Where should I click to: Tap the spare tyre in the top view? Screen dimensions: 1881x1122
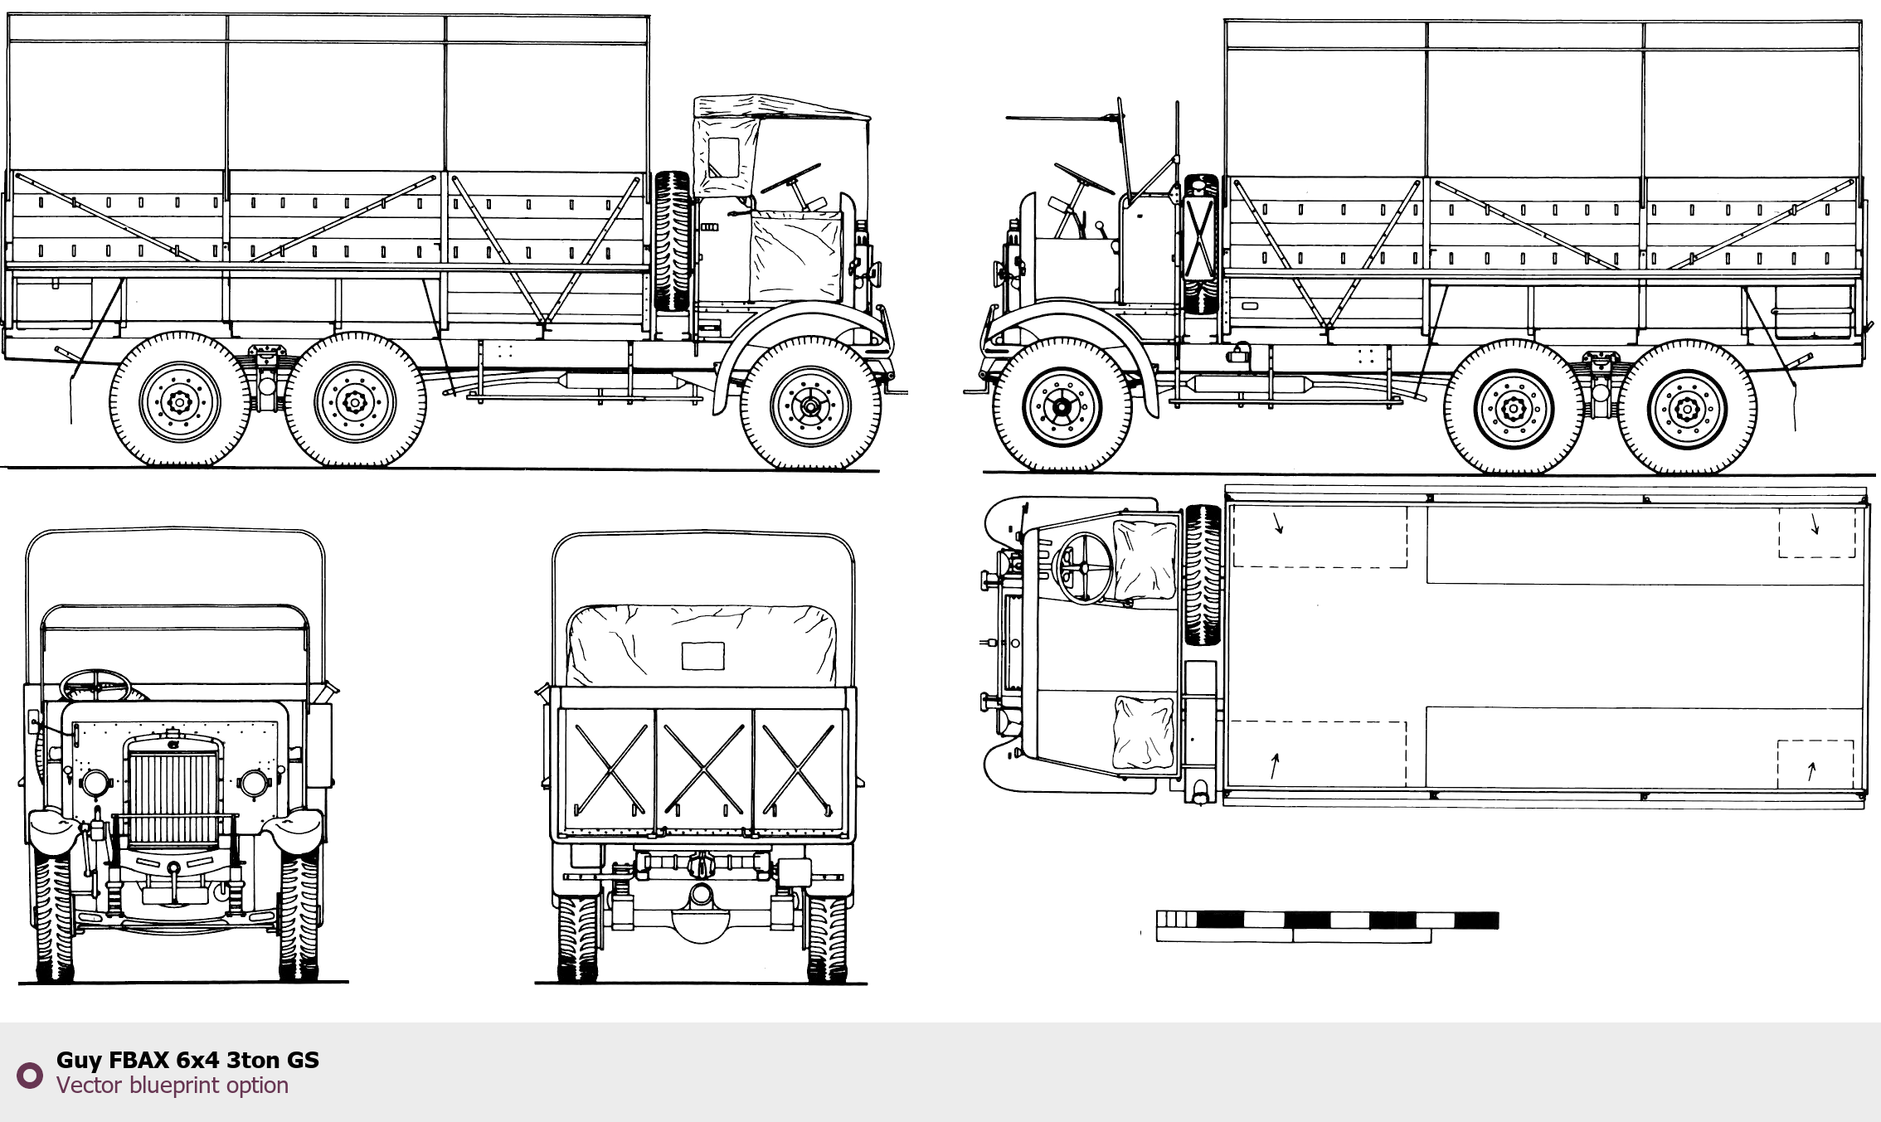click(x=1203, y=575)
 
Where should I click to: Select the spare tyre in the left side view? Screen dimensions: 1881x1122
click(x=672, y=241)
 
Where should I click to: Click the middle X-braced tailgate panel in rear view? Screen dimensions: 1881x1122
click(x=704, y=771)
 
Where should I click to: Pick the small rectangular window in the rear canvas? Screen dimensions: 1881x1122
click(x=702, y=655)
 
